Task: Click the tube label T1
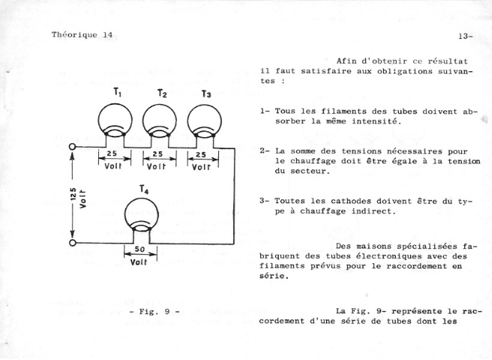[x=117, y=92]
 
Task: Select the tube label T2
[x=162, y=94]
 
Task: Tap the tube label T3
[x=206, y=94]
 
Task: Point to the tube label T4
[x=144, y=190]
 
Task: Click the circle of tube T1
[x=98, y=121]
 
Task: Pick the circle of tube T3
[x=187, y=121]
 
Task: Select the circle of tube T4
[x=125, y=215]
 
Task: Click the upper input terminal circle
[x=73, y=147]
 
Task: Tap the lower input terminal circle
[x=73, y=242]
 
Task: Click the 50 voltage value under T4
[x=139, y=250]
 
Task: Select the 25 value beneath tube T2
[x=157, y=154]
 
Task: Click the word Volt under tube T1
[x=113, y=166]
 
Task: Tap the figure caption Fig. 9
[x=154, y=312]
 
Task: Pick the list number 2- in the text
[x=264, y=151]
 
